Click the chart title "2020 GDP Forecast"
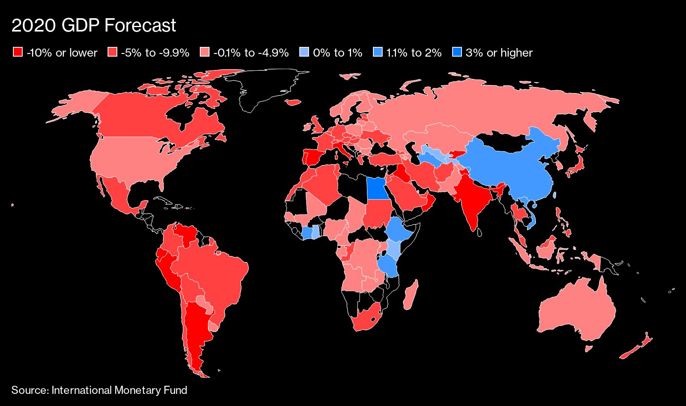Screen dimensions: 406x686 tap(93, 25)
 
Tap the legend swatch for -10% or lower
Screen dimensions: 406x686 tap(18, 52)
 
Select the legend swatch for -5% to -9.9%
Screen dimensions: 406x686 tap(112, 52)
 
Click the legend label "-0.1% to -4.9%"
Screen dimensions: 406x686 tap(251, 53)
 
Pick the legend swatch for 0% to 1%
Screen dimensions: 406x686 tap(304, 52)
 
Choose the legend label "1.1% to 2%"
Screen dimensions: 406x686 tap(414, 53)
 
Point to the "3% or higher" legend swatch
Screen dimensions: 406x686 tap(457, 52)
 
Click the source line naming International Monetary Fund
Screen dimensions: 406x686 tap(99, 390)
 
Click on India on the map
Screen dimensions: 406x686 tap(471, 198)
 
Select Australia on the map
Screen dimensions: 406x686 tap(574, 311)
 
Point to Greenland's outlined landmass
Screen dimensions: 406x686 tap(267, 87)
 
